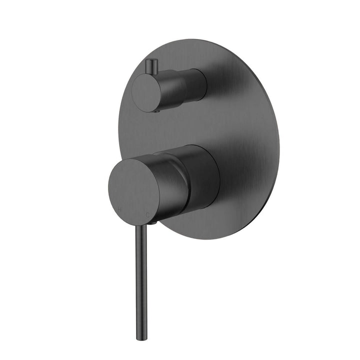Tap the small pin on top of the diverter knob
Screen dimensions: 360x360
point(150,65)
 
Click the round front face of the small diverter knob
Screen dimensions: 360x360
point(146,93)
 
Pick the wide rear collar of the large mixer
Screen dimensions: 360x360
point(205,175)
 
